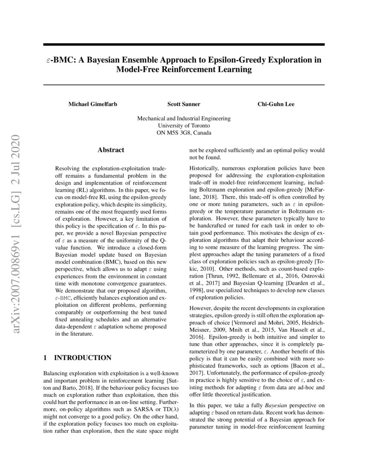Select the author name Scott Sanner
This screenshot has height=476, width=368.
coord(184,104)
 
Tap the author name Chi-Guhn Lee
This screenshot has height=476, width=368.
coord(276,104)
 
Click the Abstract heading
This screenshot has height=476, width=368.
coord(111,150)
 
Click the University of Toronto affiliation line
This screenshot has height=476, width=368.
coord(184,125)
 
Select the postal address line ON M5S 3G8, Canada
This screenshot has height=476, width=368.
coord(184,133)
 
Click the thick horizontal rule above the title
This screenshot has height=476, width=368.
coord(184,45)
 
